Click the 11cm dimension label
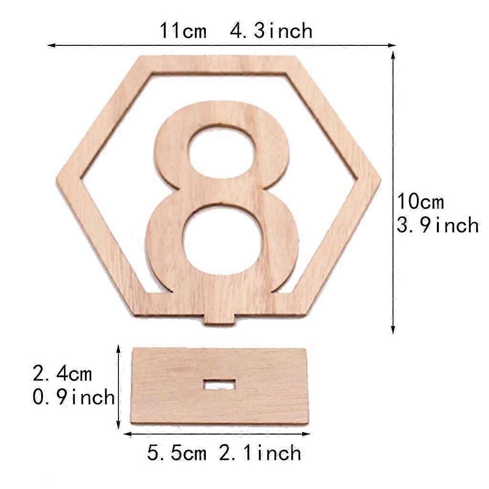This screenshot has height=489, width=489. pos(183,31)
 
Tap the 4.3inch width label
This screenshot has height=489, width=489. pos(271,31)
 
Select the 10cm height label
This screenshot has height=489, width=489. pos(420,202)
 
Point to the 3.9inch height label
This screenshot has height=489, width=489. pos(437,225)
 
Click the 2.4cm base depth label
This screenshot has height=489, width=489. pos(63,373)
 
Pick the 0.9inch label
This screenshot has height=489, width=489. pos(74,397)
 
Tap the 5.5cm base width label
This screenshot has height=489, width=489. pos(177,453)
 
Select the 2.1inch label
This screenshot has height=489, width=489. pos(260,453)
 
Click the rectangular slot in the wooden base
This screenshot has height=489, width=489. pos(220,384)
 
